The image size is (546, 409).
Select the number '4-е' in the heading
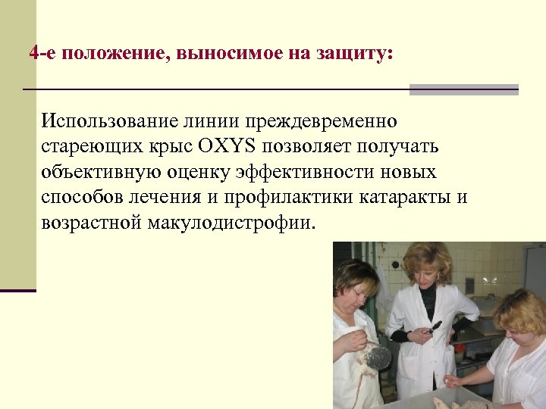42,54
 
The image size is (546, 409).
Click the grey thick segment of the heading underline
463,89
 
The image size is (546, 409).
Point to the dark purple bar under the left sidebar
18,290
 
